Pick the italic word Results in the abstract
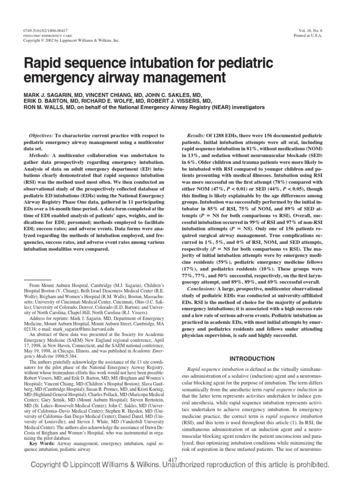click(x=199, y=135)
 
